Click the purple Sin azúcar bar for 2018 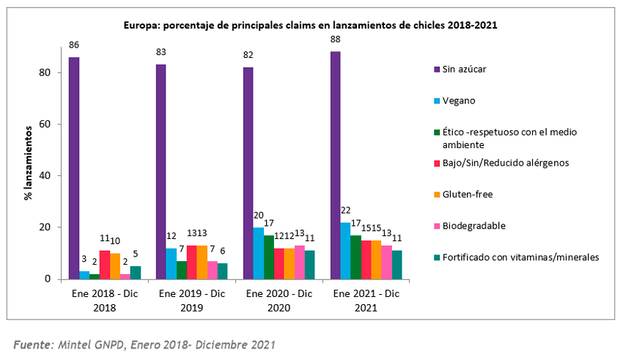(x=74, y=168)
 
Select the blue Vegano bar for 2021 (x=345, y=251)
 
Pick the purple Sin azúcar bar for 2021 (x=335, y=166)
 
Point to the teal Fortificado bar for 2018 (x=136, y=272)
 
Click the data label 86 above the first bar (x=74, y=45)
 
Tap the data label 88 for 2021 (x=335, y=40)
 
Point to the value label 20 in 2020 (x=258, y=216)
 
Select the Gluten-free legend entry (x=463, y=194)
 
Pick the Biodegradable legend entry (x=469, y=226)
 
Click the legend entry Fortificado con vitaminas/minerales (x=517, y=257)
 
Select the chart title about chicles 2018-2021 (x=309, y=24)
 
